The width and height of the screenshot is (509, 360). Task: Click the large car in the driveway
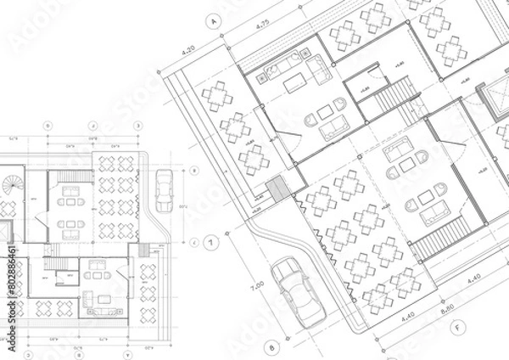(297, 291)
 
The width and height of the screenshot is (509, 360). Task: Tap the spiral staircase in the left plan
(11, 183)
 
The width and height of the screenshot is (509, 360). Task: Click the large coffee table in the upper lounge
(295, 82)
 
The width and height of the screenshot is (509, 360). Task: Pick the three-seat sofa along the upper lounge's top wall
(282, 64)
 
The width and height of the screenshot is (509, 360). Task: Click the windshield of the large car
(290, 279)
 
